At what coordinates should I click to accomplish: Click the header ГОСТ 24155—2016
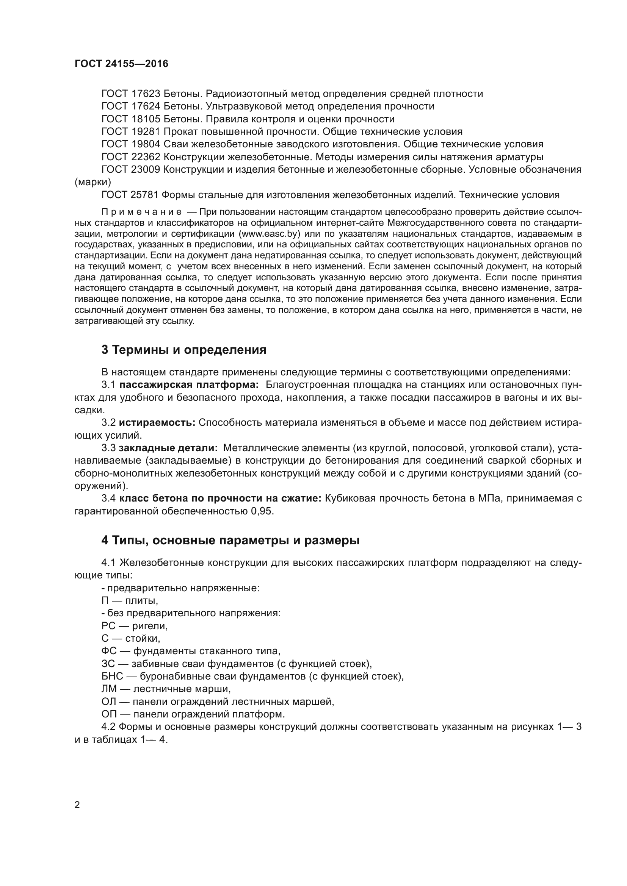(121, 64)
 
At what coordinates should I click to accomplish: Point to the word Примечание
(141, 212)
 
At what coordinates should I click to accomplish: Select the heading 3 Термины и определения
(184, 350)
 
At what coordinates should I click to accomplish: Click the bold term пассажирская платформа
(189, 385)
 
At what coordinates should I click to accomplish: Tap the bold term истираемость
(157, 423)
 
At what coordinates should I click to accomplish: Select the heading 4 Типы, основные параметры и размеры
(230, 541)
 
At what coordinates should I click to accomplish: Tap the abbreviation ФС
(109, 651)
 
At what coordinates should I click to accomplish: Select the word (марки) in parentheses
(92, 182)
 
